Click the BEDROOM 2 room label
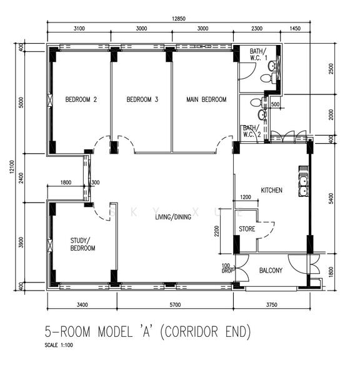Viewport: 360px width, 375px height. click(x=81, y=99)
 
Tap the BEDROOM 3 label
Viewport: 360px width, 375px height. click(x=142, y=99)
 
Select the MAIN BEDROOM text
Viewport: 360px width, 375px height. click(x=206, y=99)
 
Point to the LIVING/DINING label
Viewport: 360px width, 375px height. click(x=173, y=217)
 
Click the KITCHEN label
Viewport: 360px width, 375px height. click(x=271, y=191)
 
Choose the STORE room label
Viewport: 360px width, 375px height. click(x=247, y=229)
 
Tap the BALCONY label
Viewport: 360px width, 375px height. click(x=271, y=271)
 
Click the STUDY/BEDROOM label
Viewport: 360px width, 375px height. click(x=82, y=244)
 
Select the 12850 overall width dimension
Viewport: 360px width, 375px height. click(x=179, y=19)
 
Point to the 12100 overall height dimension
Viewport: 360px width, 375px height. click(x=12, y=167)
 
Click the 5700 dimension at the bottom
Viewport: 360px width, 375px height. click(x=175, y=305)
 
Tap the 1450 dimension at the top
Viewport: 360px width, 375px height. click(x=295, y=29)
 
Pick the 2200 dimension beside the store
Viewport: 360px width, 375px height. click(x=217, y=231)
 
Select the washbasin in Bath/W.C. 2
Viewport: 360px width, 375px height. click(x=262, y=115)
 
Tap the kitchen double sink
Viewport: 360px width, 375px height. click(x=303, y=186)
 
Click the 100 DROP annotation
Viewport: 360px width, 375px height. click(x=227, y=268)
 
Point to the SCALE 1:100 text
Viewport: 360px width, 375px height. click(x=59, y=345)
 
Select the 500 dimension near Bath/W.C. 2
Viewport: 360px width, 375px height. click(x=276, y=104)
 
